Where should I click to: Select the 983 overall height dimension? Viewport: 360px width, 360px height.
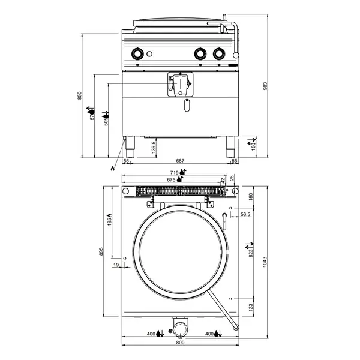click(266, 86)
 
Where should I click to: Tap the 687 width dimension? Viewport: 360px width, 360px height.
click(179, 161)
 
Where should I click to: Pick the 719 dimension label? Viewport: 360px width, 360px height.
click(174, 173)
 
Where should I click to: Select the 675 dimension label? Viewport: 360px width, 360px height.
click(171, 179)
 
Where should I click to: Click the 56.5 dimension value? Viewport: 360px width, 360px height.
click(245, 214)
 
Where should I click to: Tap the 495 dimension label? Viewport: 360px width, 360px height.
click(110, 223)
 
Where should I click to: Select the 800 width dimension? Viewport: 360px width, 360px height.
click(180, 342)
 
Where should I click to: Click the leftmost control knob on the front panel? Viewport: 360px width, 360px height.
click(139, 54)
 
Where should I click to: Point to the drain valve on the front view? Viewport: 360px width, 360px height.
click(179, 83)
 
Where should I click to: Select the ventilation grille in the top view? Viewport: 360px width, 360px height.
click(181, 191)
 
